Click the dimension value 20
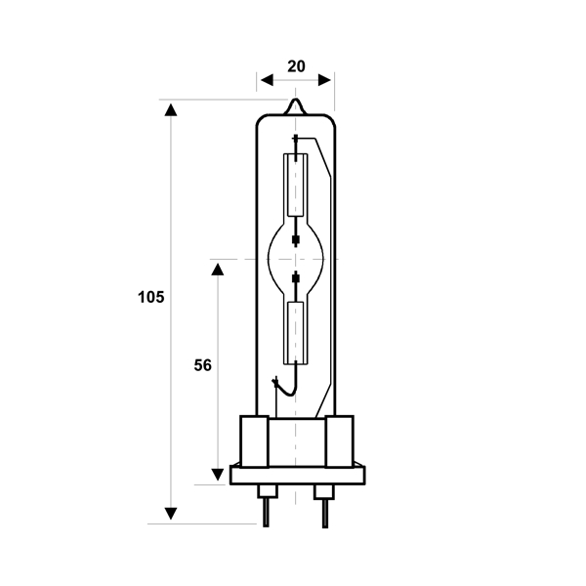[x=296, y=66]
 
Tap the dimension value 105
[x=151, y=298]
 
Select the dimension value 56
[x=202, y=365]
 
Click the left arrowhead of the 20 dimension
[x=267, y=80]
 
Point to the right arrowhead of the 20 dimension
[x=324, y=80]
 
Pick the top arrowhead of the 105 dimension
[x=171, y=109]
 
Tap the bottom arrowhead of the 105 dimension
[x=171, y=514]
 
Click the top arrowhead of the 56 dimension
[x=218, y=270]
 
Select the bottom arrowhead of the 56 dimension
[x=218, y=475]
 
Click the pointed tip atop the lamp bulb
[x=296, y=99]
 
